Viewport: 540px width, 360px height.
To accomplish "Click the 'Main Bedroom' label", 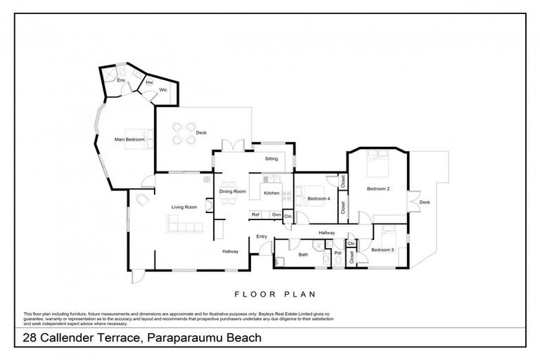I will (129, 139).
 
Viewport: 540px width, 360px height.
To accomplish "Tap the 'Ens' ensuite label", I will (120, 81).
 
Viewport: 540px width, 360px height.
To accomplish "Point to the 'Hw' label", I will (149, 82).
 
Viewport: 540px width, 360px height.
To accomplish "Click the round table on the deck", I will (184, 132).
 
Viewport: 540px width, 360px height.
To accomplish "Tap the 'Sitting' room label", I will (271, 159).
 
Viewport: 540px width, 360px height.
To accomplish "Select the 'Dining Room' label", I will (232, 191).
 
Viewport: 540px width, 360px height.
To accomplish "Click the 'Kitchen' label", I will (271, 193).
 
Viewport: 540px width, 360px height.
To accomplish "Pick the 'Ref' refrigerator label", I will (256, 214).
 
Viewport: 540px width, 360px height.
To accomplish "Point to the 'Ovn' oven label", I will (276, 214).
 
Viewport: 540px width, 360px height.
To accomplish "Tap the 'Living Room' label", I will (184, 206).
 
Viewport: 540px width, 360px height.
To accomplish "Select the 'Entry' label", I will (262, 236).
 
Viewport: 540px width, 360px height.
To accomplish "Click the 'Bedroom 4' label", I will (319, 198).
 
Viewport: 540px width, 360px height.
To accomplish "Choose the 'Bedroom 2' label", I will (378, 188).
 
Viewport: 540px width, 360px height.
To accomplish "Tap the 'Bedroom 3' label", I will (382, 250).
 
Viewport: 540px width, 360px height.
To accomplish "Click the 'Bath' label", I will (302, 255).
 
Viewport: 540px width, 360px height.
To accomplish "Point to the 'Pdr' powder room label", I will (337, 253).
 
